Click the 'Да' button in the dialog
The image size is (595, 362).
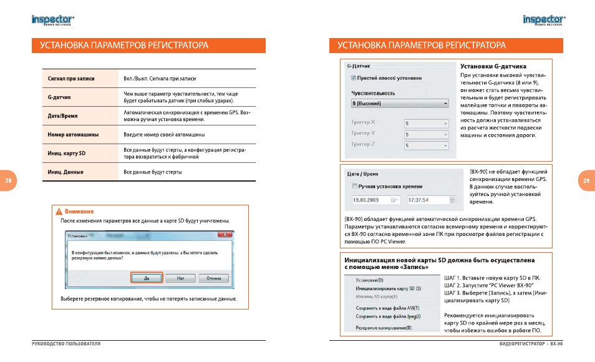coord(147,278)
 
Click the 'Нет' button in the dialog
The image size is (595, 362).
coord(180,278)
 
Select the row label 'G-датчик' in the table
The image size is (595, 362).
coord(60,97)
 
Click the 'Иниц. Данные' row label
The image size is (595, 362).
coord(65,171)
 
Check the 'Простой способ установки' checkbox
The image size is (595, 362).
coord(354,78)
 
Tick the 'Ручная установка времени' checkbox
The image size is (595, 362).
coord(354,186)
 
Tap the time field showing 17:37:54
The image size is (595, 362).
coord(430,200)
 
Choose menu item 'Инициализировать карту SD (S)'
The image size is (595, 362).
coord(388,289)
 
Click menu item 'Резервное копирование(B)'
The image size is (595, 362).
coord(383,327)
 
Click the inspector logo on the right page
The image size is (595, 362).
coord(543,20)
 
